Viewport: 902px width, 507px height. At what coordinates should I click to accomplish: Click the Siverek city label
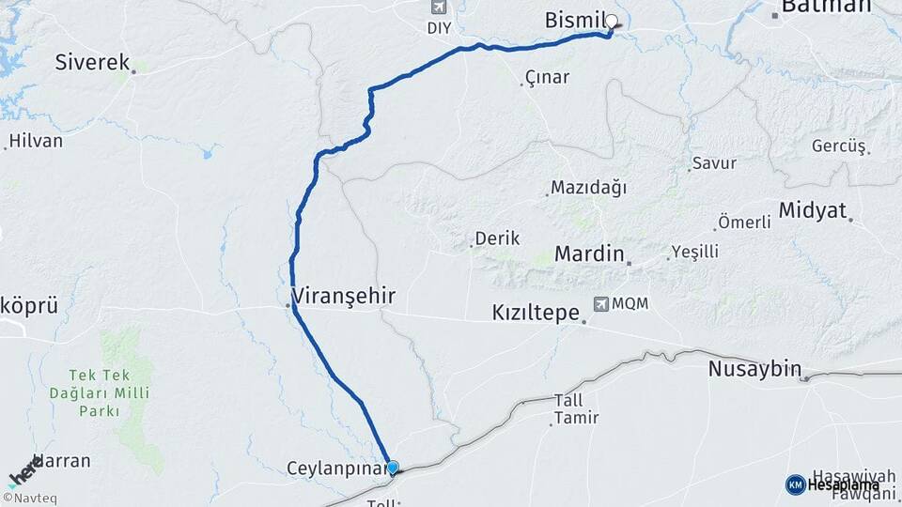(92, 63)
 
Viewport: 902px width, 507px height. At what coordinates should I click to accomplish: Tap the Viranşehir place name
(344, 297)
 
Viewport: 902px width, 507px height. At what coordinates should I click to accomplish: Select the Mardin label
(589, 253)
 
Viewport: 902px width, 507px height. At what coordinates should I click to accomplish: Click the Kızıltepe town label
(536, 313)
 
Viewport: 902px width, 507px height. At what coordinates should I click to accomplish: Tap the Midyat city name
(813, 209)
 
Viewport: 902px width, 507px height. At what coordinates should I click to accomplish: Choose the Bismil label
(573, 20)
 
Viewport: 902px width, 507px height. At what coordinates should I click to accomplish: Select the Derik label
(497, 238)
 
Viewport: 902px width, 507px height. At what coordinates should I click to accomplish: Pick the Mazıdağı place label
(588, 187)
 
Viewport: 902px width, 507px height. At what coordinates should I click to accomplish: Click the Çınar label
(547, 77)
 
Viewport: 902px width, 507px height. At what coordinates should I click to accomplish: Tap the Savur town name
(714, 162)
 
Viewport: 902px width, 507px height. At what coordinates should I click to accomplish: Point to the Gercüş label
(838, 146)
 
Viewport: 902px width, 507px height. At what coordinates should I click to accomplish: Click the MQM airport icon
(600, 304)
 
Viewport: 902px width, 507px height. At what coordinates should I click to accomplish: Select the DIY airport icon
(437, 8)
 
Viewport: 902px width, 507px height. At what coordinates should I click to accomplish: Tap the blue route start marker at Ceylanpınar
(393, 468)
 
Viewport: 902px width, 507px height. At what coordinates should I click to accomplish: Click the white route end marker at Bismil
(612, 22)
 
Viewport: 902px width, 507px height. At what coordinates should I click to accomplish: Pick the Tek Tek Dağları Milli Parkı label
(113, 385)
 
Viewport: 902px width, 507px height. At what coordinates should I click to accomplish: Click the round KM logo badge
(795, 484)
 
